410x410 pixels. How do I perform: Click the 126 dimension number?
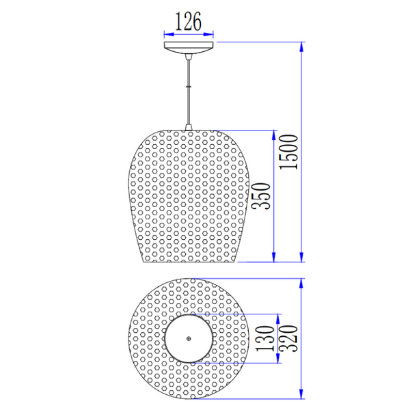point(189,22)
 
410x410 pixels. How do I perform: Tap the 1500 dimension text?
point(290,152)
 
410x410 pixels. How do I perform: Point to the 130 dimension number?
point(266,338)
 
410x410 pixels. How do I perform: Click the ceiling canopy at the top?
point(189,47)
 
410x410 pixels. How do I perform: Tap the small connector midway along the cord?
point(189,87)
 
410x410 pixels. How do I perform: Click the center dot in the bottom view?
point(189,338)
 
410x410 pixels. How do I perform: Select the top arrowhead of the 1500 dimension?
point(302,46)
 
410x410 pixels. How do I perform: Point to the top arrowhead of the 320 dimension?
point(302,283)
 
